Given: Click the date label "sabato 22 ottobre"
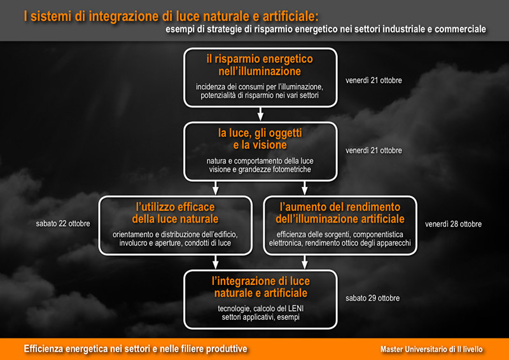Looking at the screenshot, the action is (x=63, y=224).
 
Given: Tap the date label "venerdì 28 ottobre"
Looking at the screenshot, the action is (x=453, y=224).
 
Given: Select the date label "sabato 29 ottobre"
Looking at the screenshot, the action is (x=372, y=298).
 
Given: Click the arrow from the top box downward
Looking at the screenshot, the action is (x=260, y=114).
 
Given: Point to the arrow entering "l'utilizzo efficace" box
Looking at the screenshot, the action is (x=216, y=188).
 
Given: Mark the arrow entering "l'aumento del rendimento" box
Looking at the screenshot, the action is (x=305, y=188).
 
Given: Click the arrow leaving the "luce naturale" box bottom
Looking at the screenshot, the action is (x=216, y=262).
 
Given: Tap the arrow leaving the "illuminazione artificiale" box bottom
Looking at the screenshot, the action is (x=305, y=262).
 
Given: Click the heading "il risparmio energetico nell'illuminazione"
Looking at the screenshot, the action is (x=260, y=65).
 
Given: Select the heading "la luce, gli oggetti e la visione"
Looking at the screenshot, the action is (x=260, y=139).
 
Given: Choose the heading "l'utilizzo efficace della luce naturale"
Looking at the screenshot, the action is (x=176, y=212).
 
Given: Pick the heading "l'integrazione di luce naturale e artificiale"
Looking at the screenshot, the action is (x=261, y=287).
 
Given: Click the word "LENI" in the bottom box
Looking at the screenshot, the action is (x=296, y=308).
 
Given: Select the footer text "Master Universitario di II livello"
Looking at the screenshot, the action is (x=431, y=349).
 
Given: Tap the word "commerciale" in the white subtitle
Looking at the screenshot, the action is (x=460, y=29).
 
